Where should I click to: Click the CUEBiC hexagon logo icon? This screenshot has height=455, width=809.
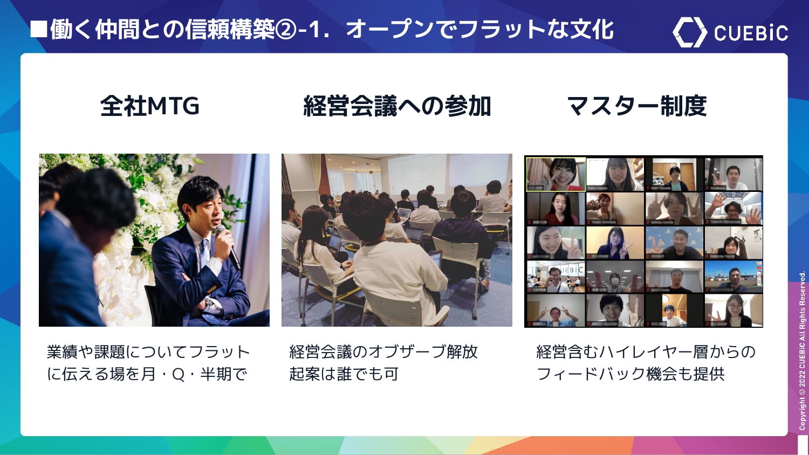pyautogui.click(x=689, y=32)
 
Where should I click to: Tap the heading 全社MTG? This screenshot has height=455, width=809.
pyautogui.click(x=149, y=106)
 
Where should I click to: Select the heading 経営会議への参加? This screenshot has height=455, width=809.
pyautogui.click(x=397, y=106)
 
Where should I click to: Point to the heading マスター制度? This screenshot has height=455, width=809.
pyautogui.click(x=637, y=106)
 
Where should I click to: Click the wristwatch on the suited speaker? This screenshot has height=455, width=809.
pyautogui.click(x=209, y=303)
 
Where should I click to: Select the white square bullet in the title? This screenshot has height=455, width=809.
pyautogui.click(x=39, y=29)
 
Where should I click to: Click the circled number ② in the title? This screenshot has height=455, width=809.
pyautogui.click(x=285, y=30)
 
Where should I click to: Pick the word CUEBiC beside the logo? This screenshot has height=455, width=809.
pyautogui.click(x=751, y=33)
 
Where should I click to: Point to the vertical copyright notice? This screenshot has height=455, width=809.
pyautogui.click(x=802, y=350)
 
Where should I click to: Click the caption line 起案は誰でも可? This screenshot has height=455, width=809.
pyautogui.click(x=344, y=374)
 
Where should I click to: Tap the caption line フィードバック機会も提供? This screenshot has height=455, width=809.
pyautogui.click(x=630, y=374)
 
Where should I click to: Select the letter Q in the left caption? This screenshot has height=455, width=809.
pyautogui.click(x=178, y=374)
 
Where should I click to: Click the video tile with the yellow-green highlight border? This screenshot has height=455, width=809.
pyautogui.click(x=556, y=174)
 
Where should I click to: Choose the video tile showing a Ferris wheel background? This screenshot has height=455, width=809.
pyautogui.click(x=733, y=276)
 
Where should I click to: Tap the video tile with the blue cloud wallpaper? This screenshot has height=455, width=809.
pyautogui.click(x=674, y=243)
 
